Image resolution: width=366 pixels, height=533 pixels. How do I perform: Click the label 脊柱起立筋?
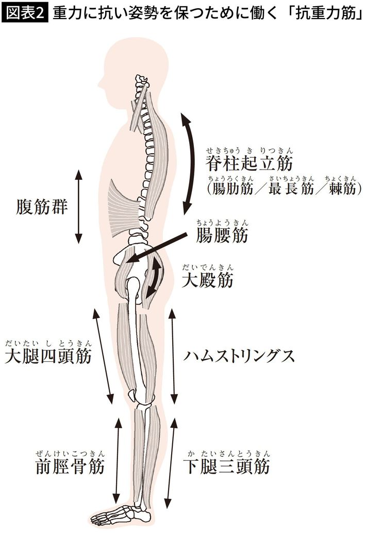tap(249, 163)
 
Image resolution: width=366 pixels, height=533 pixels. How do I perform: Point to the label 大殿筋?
tap(208, 280)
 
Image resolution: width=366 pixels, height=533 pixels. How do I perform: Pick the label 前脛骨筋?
tap(70, 467)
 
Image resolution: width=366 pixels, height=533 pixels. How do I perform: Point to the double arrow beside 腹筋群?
tap(78, 206)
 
